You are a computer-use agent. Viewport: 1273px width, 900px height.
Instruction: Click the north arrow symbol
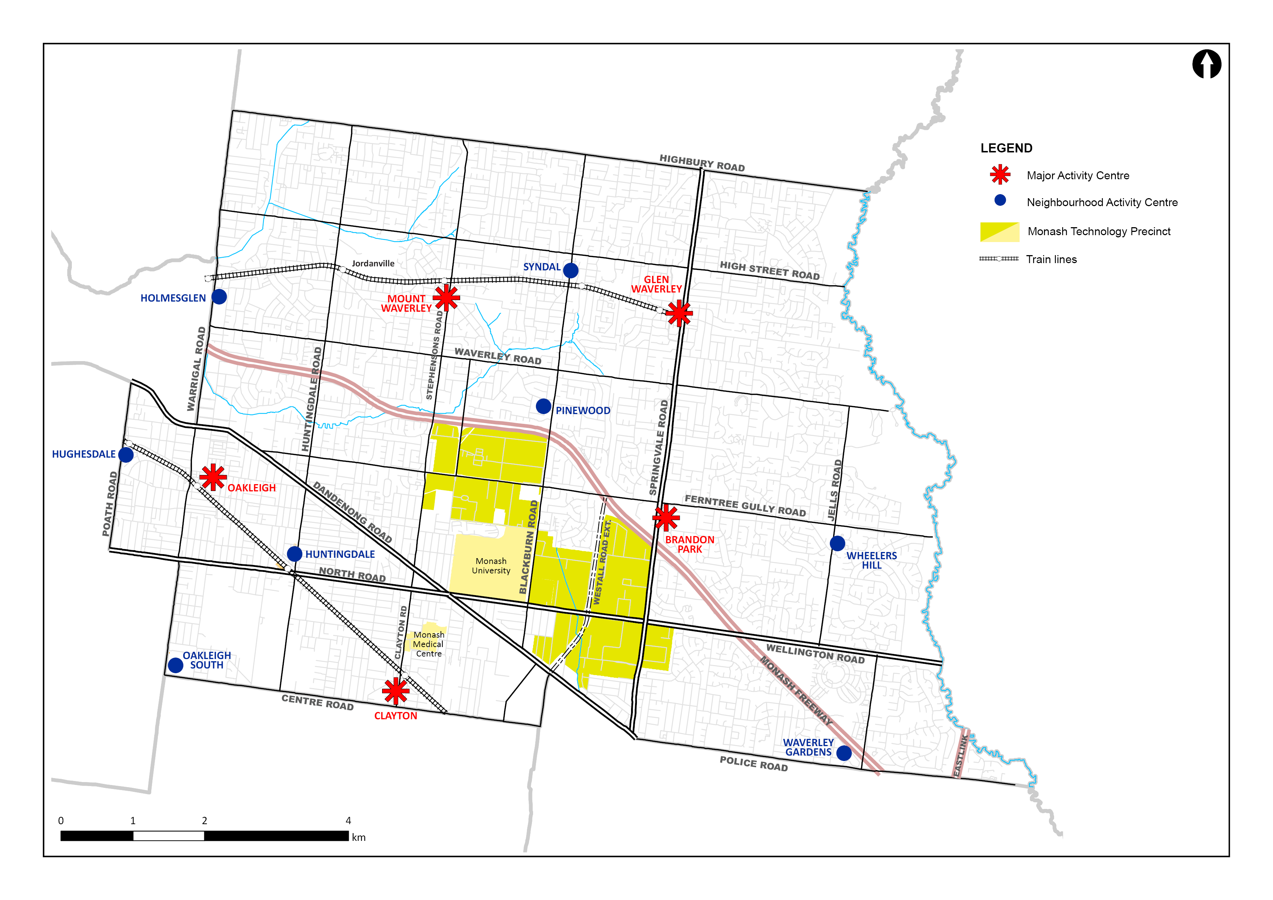1207,64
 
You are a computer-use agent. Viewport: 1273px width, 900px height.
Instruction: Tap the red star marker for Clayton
396,691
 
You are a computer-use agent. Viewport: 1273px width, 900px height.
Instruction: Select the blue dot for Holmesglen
220,296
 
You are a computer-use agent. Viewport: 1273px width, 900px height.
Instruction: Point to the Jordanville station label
373,263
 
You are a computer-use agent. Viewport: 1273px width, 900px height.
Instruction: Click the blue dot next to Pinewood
543,406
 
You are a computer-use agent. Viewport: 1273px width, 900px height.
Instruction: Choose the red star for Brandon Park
666,517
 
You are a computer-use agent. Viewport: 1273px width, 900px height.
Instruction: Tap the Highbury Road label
702,163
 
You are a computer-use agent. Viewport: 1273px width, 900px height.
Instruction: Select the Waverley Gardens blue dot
844,753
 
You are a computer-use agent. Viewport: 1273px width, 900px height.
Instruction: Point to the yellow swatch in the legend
1000,232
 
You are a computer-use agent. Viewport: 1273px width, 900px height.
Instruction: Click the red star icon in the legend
1000,175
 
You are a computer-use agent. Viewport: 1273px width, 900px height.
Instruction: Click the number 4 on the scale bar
348,821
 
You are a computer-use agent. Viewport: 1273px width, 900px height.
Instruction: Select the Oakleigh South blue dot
176,665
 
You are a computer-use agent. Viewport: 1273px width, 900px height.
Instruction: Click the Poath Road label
110,503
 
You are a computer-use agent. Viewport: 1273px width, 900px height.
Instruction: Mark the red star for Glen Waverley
679,314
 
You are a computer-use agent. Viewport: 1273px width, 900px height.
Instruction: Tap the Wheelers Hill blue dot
837,543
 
